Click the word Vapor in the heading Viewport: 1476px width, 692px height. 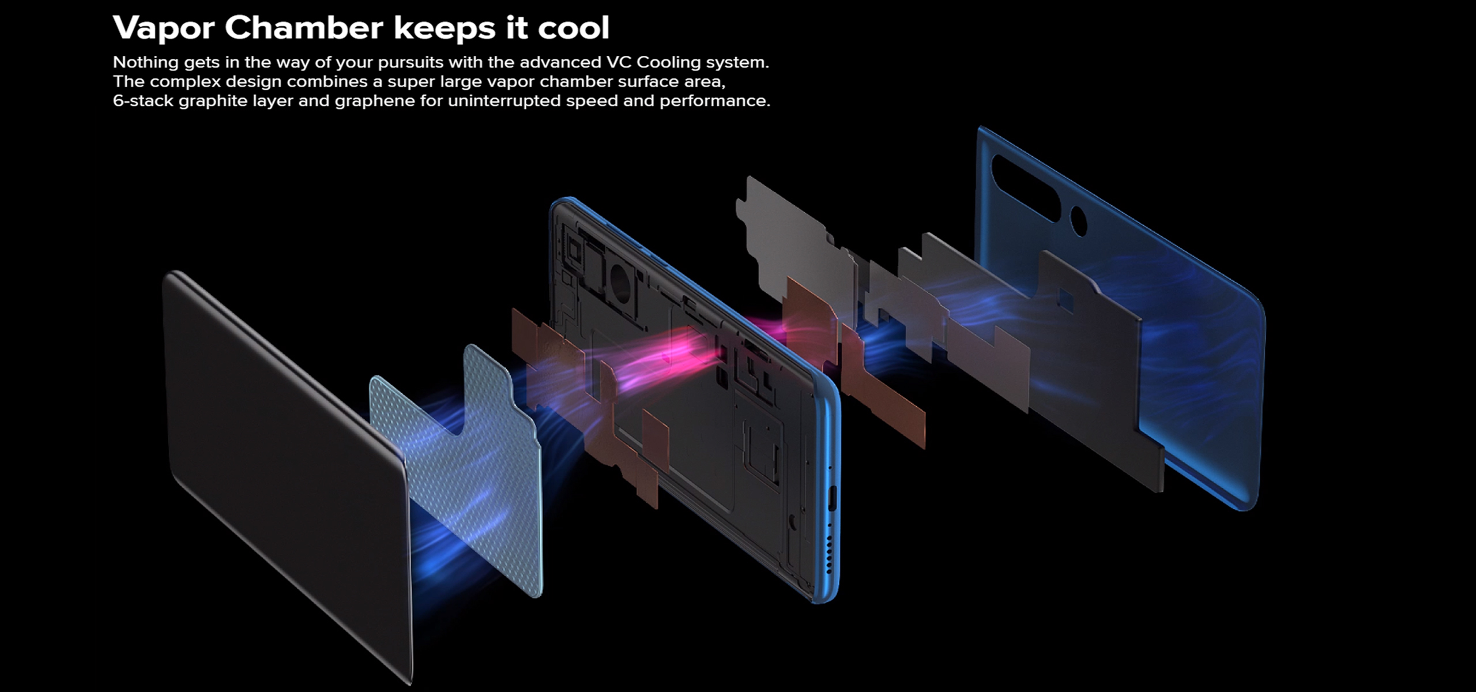pyautogui.click(x=163, y=28)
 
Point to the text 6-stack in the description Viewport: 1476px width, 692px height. pyautogui.click(x=143, y=101)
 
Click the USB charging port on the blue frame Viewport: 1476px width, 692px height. pyautogui.click(x=831, y=498)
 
